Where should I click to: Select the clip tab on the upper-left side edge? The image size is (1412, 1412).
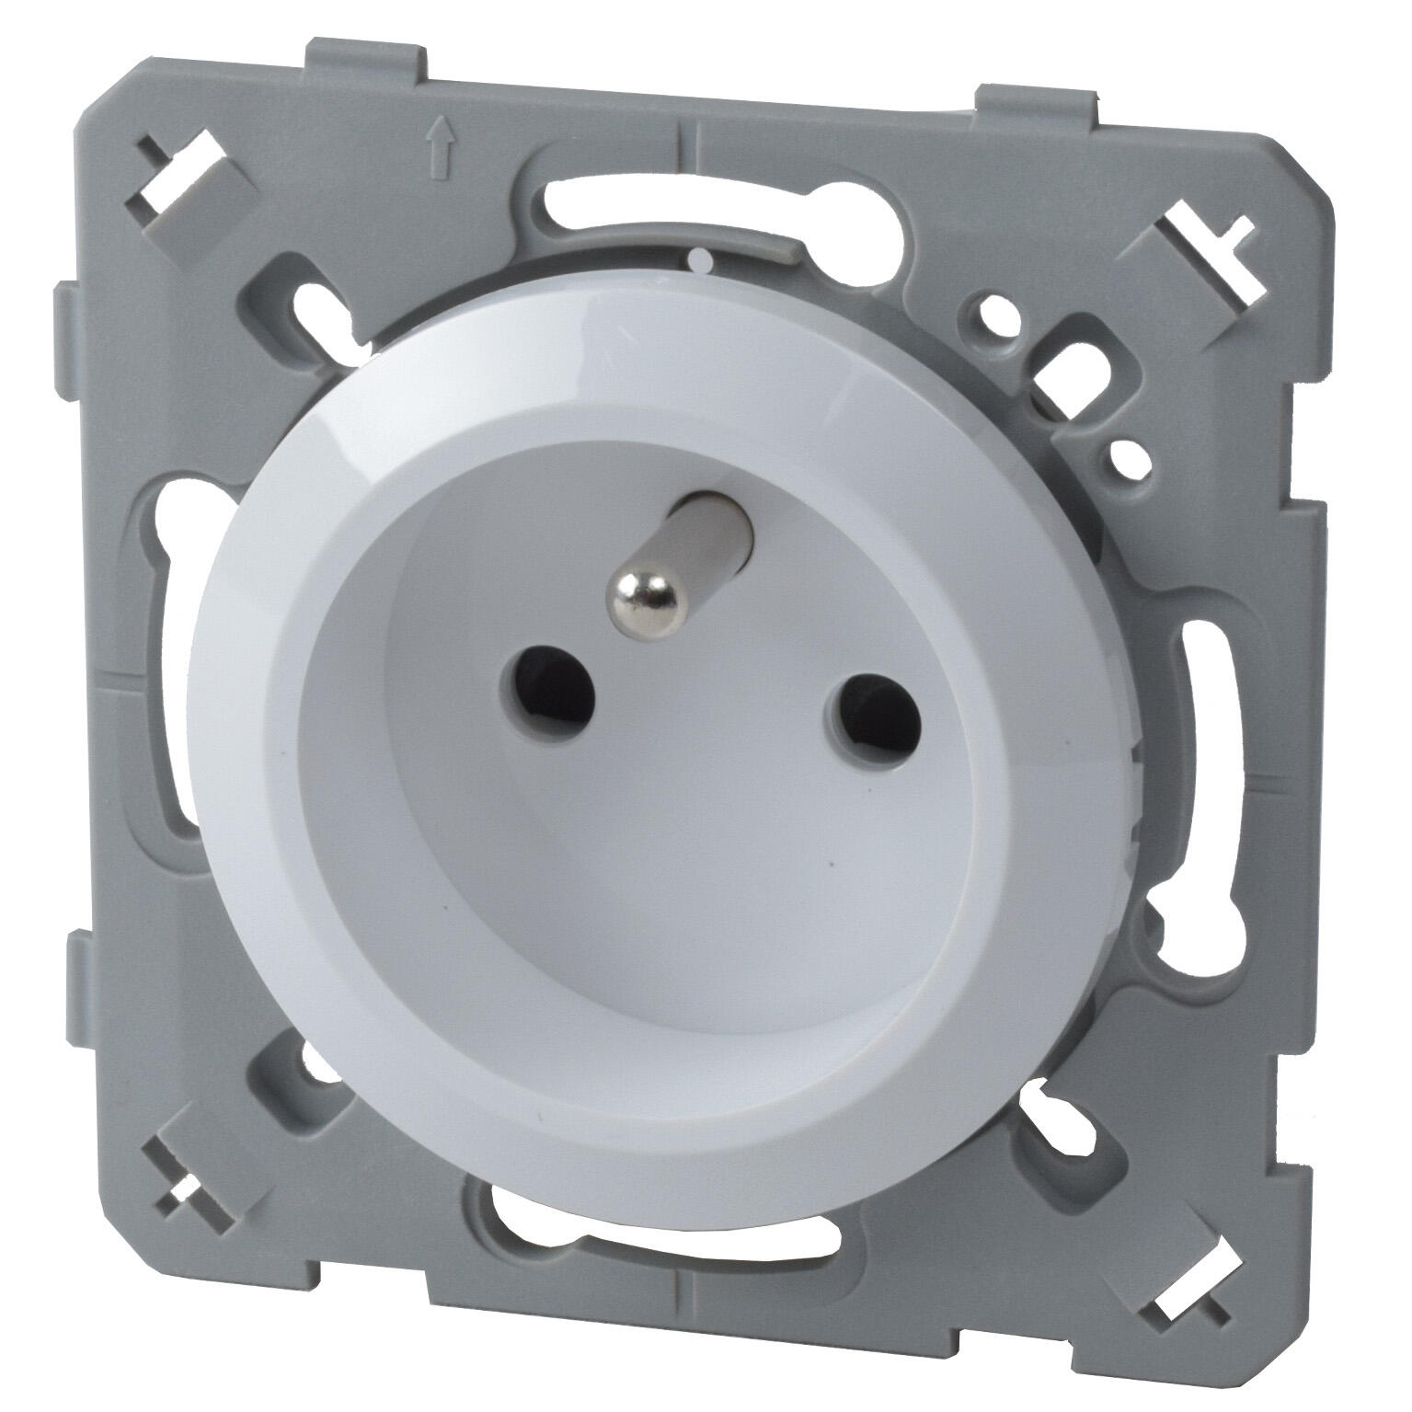(69, 316)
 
